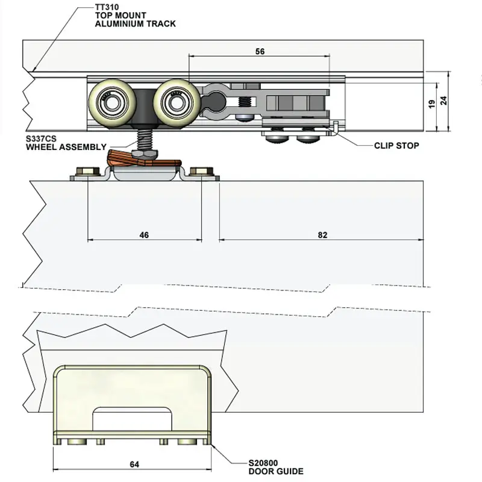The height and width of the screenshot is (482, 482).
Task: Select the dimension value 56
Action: (260, 52)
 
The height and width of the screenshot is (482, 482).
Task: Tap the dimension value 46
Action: (144, 235)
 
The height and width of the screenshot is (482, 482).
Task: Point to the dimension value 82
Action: (322, 235)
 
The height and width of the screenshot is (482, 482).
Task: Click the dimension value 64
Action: (134, 464)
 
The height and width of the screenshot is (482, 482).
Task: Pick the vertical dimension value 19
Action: (431, 104)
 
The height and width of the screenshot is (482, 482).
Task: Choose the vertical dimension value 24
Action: (444, 101)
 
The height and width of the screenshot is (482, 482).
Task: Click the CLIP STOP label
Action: (396, 145)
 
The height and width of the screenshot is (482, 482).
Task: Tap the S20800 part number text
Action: (263, 463)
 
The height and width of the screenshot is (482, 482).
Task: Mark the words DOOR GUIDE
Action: (276, 471)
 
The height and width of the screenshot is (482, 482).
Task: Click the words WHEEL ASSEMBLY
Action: (66, 146)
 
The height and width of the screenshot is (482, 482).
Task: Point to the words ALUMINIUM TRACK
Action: (135, 23)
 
